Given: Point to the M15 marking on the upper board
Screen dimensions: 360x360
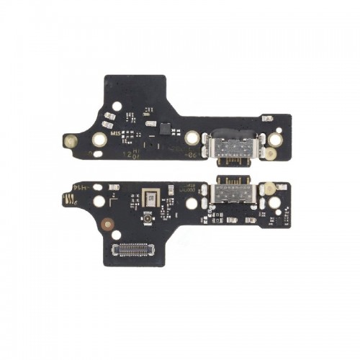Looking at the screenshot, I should click(x=115, y=134).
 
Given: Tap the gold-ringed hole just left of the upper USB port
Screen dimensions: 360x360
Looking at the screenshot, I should click(x=192, y=137).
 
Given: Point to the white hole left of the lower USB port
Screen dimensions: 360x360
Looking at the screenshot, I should click(x=192, y=204).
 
